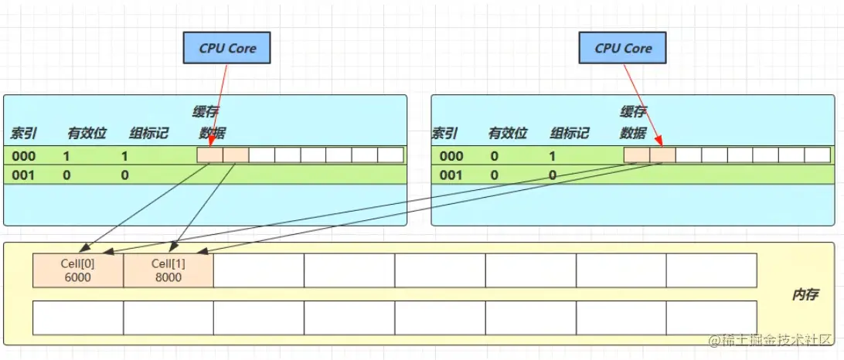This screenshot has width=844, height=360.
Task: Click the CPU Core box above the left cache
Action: coord(227,49)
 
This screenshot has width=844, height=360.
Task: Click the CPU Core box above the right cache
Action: coord(623,49)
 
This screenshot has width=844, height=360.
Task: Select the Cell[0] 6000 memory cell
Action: coord(77,270)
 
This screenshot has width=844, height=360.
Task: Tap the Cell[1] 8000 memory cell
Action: coord(168,270)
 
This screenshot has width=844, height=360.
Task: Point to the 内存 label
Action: coord(805,295)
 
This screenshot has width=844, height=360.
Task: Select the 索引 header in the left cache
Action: coord(23,133)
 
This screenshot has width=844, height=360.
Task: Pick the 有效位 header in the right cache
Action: coord(507,133)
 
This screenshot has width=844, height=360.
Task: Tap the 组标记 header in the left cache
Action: coord(148,133)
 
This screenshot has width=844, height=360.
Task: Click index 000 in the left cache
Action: coord(23,155)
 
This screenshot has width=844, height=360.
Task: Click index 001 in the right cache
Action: coord(451,175)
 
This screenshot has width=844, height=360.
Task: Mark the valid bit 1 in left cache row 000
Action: coord(67,155)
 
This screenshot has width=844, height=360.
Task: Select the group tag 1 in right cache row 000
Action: coord(552,155)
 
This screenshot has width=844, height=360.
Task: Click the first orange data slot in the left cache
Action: coord(209,155)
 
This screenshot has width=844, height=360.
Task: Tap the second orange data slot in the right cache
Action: coord(662,155)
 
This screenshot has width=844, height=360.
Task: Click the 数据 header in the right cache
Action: coord(633,133)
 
